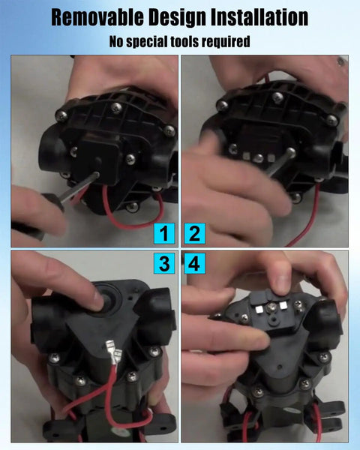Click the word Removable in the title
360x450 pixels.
(x=97, y=17)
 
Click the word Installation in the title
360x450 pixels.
(x=259, y=17)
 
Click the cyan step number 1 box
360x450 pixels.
(x=164, y=233)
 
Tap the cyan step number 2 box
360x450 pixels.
(x=195, y=233)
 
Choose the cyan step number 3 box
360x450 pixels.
(x=164, y=263)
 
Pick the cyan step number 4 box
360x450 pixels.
(x=195, y=263)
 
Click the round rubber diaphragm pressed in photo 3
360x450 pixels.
(x=108, y=298)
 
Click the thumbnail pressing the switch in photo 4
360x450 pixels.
(x=279, y=283)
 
